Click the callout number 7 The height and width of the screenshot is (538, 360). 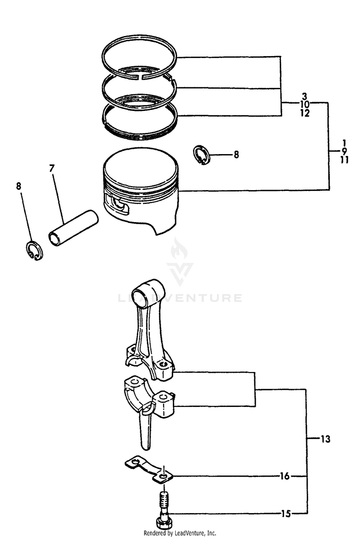[x=51, y=168]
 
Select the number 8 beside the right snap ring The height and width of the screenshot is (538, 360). [x=236, y=155]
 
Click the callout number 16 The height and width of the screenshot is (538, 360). [x=285, y=476]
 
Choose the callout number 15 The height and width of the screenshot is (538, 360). [x=285, y=514]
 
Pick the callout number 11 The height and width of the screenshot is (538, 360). [x=344, y=160]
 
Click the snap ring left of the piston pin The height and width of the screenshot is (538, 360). [x=34, y=251]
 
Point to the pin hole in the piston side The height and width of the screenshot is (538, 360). [x=119, y=204]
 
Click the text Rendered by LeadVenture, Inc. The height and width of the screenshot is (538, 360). [x=180, y=533]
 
